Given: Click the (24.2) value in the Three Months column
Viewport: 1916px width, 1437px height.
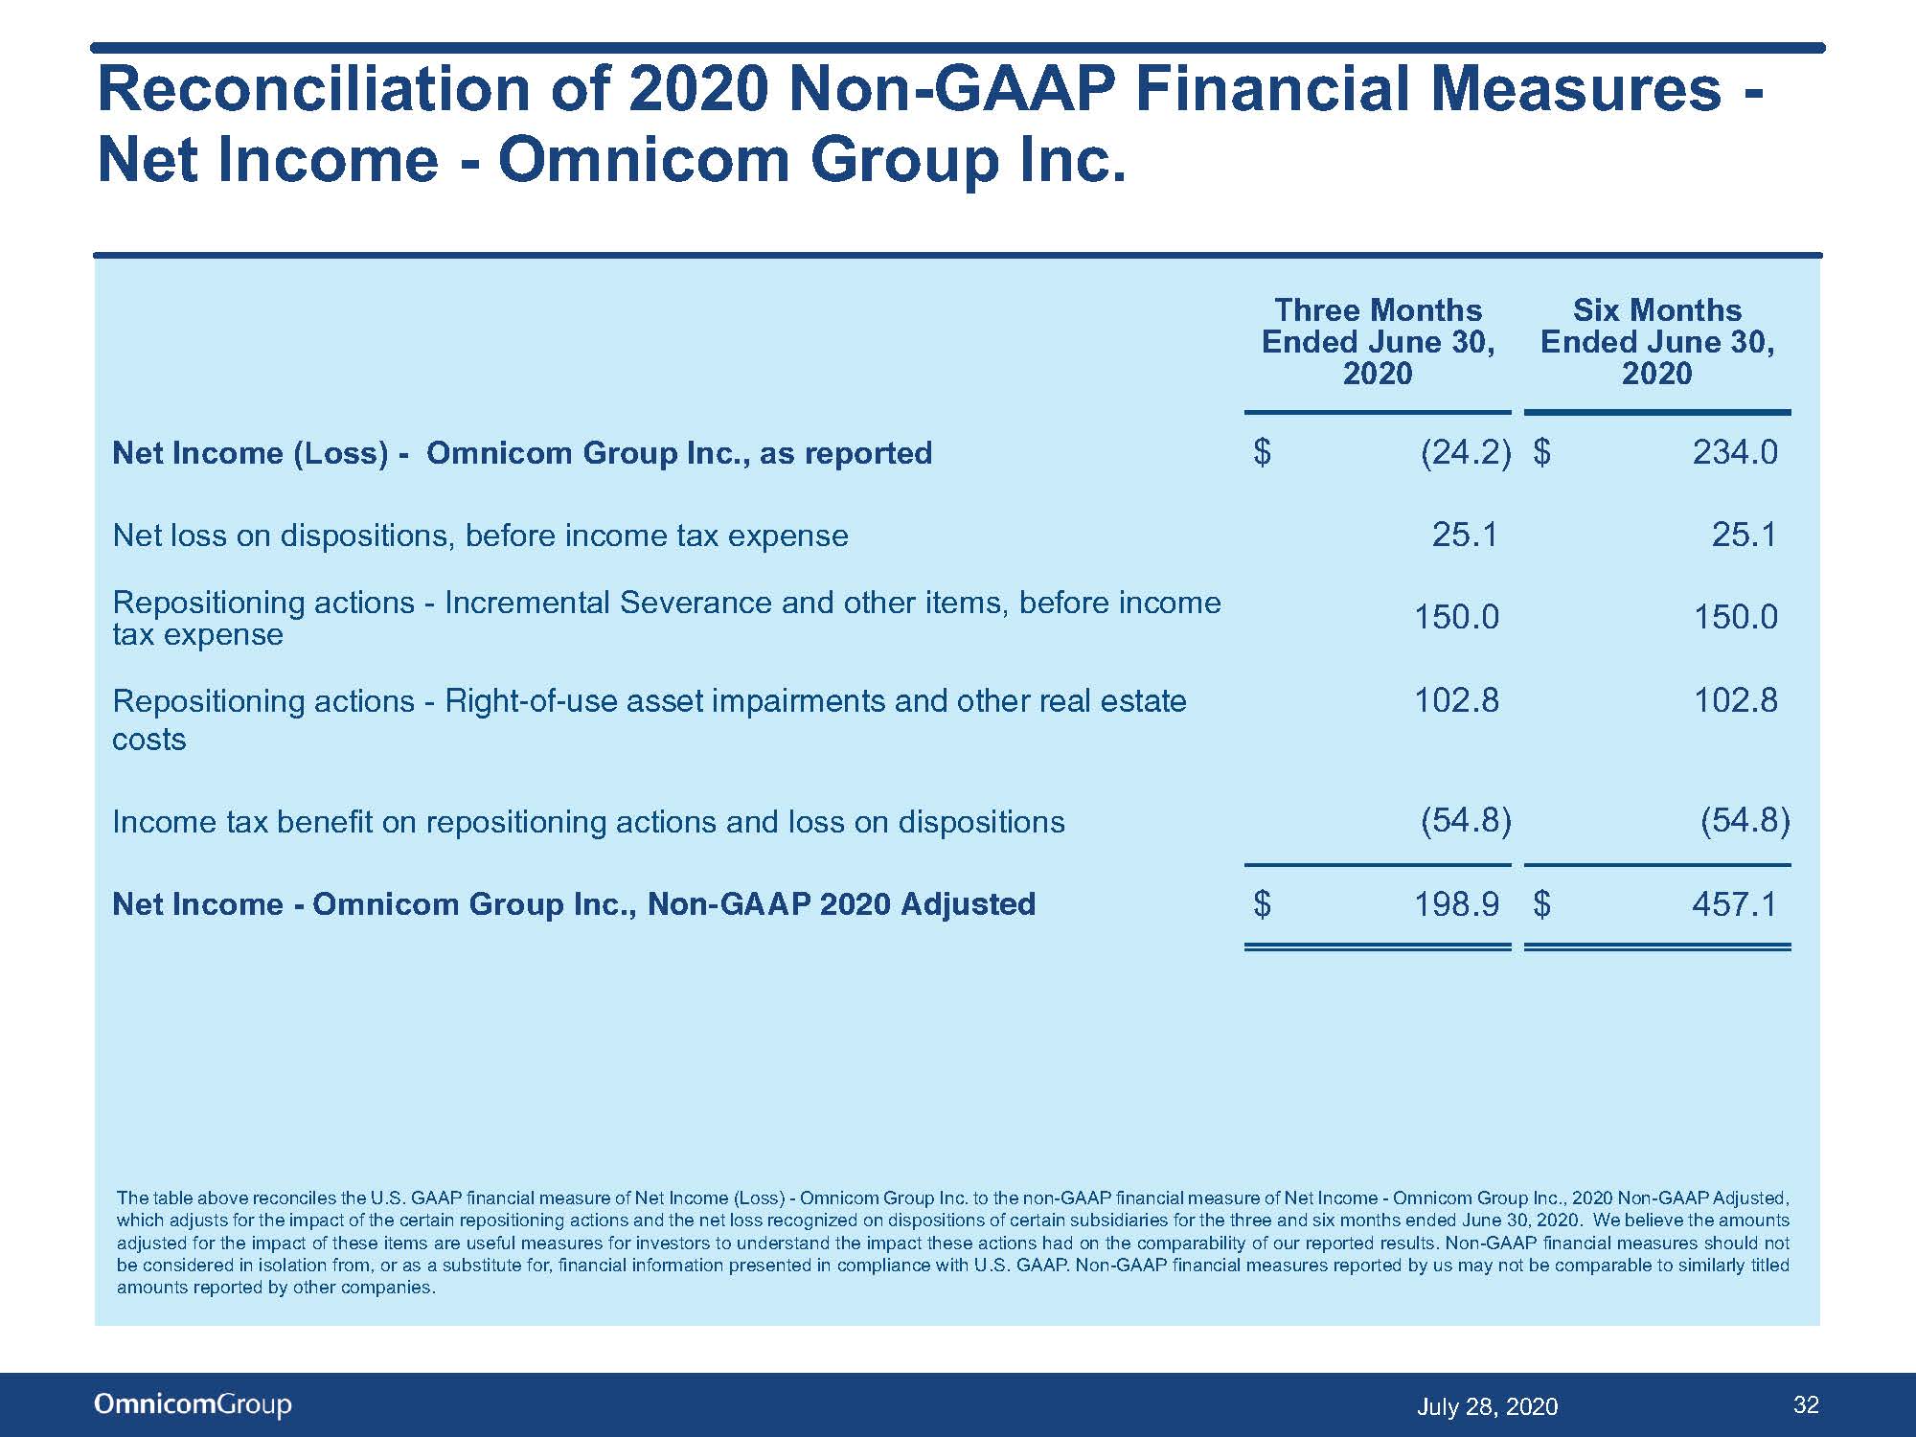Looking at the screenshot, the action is [x=1466, y=452].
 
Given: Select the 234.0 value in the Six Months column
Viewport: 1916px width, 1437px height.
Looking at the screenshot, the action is [x=1735, y=452].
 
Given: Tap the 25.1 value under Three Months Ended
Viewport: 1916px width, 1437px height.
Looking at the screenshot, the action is [x=1465, y=535].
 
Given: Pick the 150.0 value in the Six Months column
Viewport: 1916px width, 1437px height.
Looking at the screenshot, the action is [x=1735, y=617].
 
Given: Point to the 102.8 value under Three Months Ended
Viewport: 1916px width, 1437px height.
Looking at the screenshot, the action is [x=1457, y=700].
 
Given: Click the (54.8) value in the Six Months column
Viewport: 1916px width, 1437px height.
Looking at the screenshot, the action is [x=1745, y=821].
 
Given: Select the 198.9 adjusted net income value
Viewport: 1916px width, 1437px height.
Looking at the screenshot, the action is [x=1457, y=903].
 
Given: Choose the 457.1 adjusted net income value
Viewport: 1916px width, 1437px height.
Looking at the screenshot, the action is [x=1735, y=903].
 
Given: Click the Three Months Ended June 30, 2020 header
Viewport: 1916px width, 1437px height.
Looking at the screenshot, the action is [x=1378, y=341].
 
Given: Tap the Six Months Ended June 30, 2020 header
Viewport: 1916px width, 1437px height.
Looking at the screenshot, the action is [x=1657, y=341].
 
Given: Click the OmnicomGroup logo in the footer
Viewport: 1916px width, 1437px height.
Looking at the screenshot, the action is [x=193, y=1404].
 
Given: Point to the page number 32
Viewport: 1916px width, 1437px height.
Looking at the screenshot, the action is [x=1806, y=1404].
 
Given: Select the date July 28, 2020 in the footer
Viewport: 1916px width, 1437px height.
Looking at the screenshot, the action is [x=1487, y=1406].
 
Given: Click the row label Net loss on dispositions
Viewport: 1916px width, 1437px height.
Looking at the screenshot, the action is [x=480, y=536].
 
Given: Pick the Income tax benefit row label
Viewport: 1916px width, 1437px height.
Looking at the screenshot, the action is [x=588, y=822].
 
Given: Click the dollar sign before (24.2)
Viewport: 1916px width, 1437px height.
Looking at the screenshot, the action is [x=1263, y=452].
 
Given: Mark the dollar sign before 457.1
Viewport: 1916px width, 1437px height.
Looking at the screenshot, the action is [x=1541, y=903].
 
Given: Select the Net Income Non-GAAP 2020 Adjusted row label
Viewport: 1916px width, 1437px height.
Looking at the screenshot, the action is [x=574, y=904].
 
